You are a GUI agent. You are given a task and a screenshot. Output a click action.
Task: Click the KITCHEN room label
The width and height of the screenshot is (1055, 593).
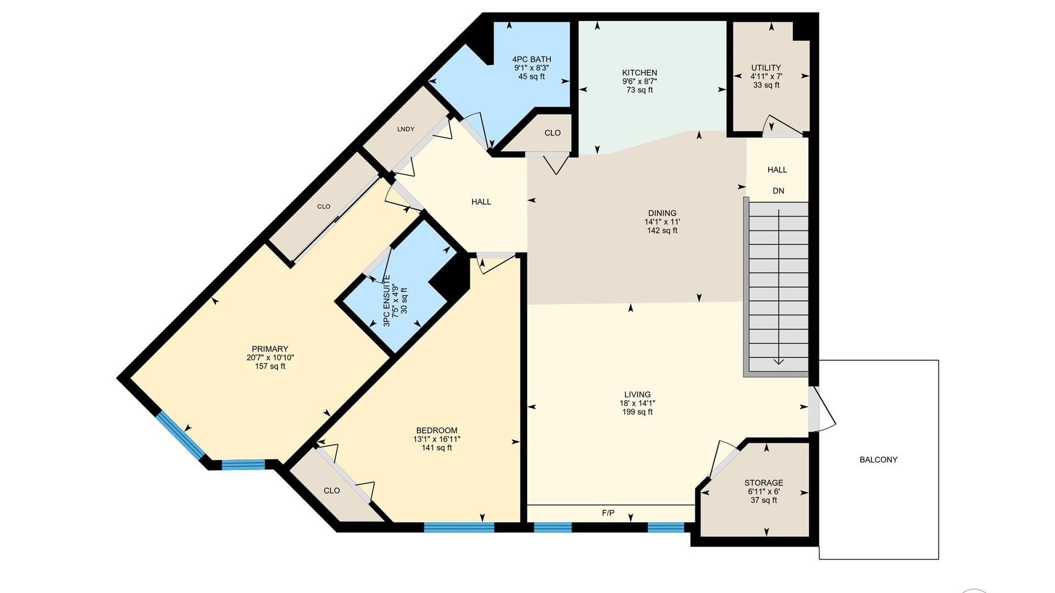640,72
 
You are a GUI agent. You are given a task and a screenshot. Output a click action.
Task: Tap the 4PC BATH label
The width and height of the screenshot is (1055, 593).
531,59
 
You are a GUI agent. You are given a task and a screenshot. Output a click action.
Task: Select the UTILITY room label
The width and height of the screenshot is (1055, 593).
766,68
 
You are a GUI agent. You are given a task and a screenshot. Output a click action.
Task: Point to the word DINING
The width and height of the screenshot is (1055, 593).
662,213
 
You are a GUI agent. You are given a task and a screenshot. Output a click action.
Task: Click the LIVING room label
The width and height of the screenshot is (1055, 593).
637,394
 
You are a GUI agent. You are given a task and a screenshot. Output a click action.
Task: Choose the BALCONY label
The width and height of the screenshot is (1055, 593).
878,460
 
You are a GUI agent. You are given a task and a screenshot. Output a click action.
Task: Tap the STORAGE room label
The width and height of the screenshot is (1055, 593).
764,483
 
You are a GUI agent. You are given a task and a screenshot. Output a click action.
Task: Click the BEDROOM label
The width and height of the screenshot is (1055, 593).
437,430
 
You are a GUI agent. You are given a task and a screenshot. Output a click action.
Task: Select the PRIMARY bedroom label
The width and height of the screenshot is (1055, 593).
270,349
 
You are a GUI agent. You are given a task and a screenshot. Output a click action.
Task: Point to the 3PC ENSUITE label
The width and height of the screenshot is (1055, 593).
387,301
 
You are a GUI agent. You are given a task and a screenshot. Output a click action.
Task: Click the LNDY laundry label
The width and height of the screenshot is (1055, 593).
406,129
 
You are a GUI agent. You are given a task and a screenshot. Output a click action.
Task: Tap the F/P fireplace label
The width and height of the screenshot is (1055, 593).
608,513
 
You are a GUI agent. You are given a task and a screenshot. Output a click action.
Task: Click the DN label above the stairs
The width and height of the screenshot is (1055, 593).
778,191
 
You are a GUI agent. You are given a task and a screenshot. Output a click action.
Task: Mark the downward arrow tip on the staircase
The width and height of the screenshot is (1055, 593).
779,364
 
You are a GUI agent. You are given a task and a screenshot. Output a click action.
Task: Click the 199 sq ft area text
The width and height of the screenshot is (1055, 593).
637,412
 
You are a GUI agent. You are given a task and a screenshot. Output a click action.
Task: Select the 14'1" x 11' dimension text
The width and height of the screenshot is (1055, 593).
662,222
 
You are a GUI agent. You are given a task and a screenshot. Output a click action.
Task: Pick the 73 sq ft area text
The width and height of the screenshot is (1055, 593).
640,90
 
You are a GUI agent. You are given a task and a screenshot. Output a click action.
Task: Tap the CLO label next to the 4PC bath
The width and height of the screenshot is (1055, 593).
552,133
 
